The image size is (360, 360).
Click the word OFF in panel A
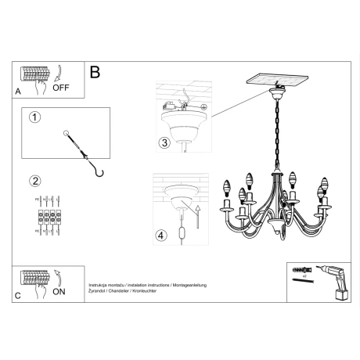[x=61, y=88]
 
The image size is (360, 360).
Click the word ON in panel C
[x=59, y=292]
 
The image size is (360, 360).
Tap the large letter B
[x=95, y=72]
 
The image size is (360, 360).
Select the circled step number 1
[x=34, y=118]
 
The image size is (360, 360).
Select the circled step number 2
[x=34, y=182]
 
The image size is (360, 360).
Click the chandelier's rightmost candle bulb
[x=322, y=189]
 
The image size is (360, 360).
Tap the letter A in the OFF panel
[x=19, y=92]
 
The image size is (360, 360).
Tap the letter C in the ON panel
[x=19, y=295]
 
